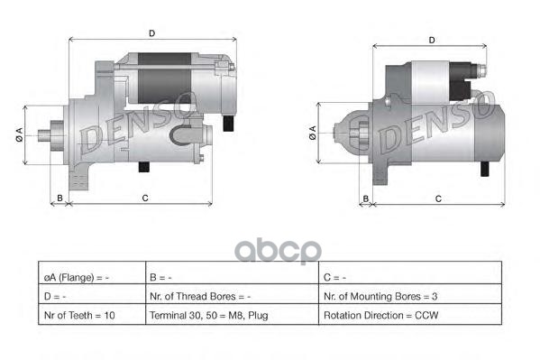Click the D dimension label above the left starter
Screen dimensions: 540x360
[151, 33]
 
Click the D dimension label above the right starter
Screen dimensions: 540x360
[432, 41]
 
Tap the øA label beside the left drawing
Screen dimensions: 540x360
[19, 134]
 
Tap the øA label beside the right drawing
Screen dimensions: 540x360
[313, 133]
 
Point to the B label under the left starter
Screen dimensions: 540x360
[59, 198]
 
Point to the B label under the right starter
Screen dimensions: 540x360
[366, 199]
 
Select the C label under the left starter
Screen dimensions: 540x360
[145, 198]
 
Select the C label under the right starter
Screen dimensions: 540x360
[438, 199]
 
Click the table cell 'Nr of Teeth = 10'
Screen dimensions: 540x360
[92, 315]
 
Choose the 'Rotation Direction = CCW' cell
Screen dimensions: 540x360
[410, 315]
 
